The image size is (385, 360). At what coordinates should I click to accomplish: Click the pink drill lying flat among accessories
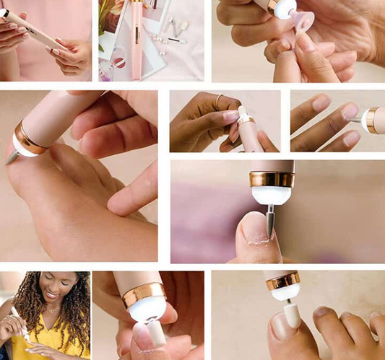click(136, 40)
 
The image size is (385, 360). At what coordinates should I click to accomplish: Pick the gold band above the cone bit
click(271, 179)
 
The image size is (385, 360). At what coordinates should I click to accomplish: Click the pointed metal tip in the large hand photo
click(9, 159)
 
